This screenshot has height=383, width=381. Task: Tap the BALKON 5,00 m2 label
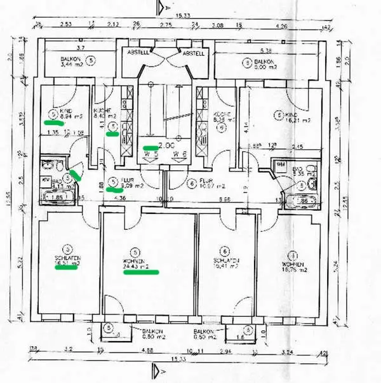(x=258, y=64)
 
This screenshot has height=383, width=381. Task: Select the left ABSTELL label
(x=138, y=53)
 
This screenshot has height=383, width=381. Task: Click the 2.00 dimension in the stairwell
(x=166, y=145)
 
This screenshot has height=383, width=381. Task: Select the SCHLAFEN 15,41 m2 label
(x=225, y=262)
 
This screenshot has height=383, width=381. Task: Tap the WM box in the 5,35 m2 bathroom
(x=281, y=165)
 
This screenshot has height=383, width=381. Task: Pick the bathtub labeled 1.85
(x=55, y=198)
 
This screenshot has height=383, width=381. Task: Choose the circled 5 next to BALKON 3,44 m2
(x=92, y=60)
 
